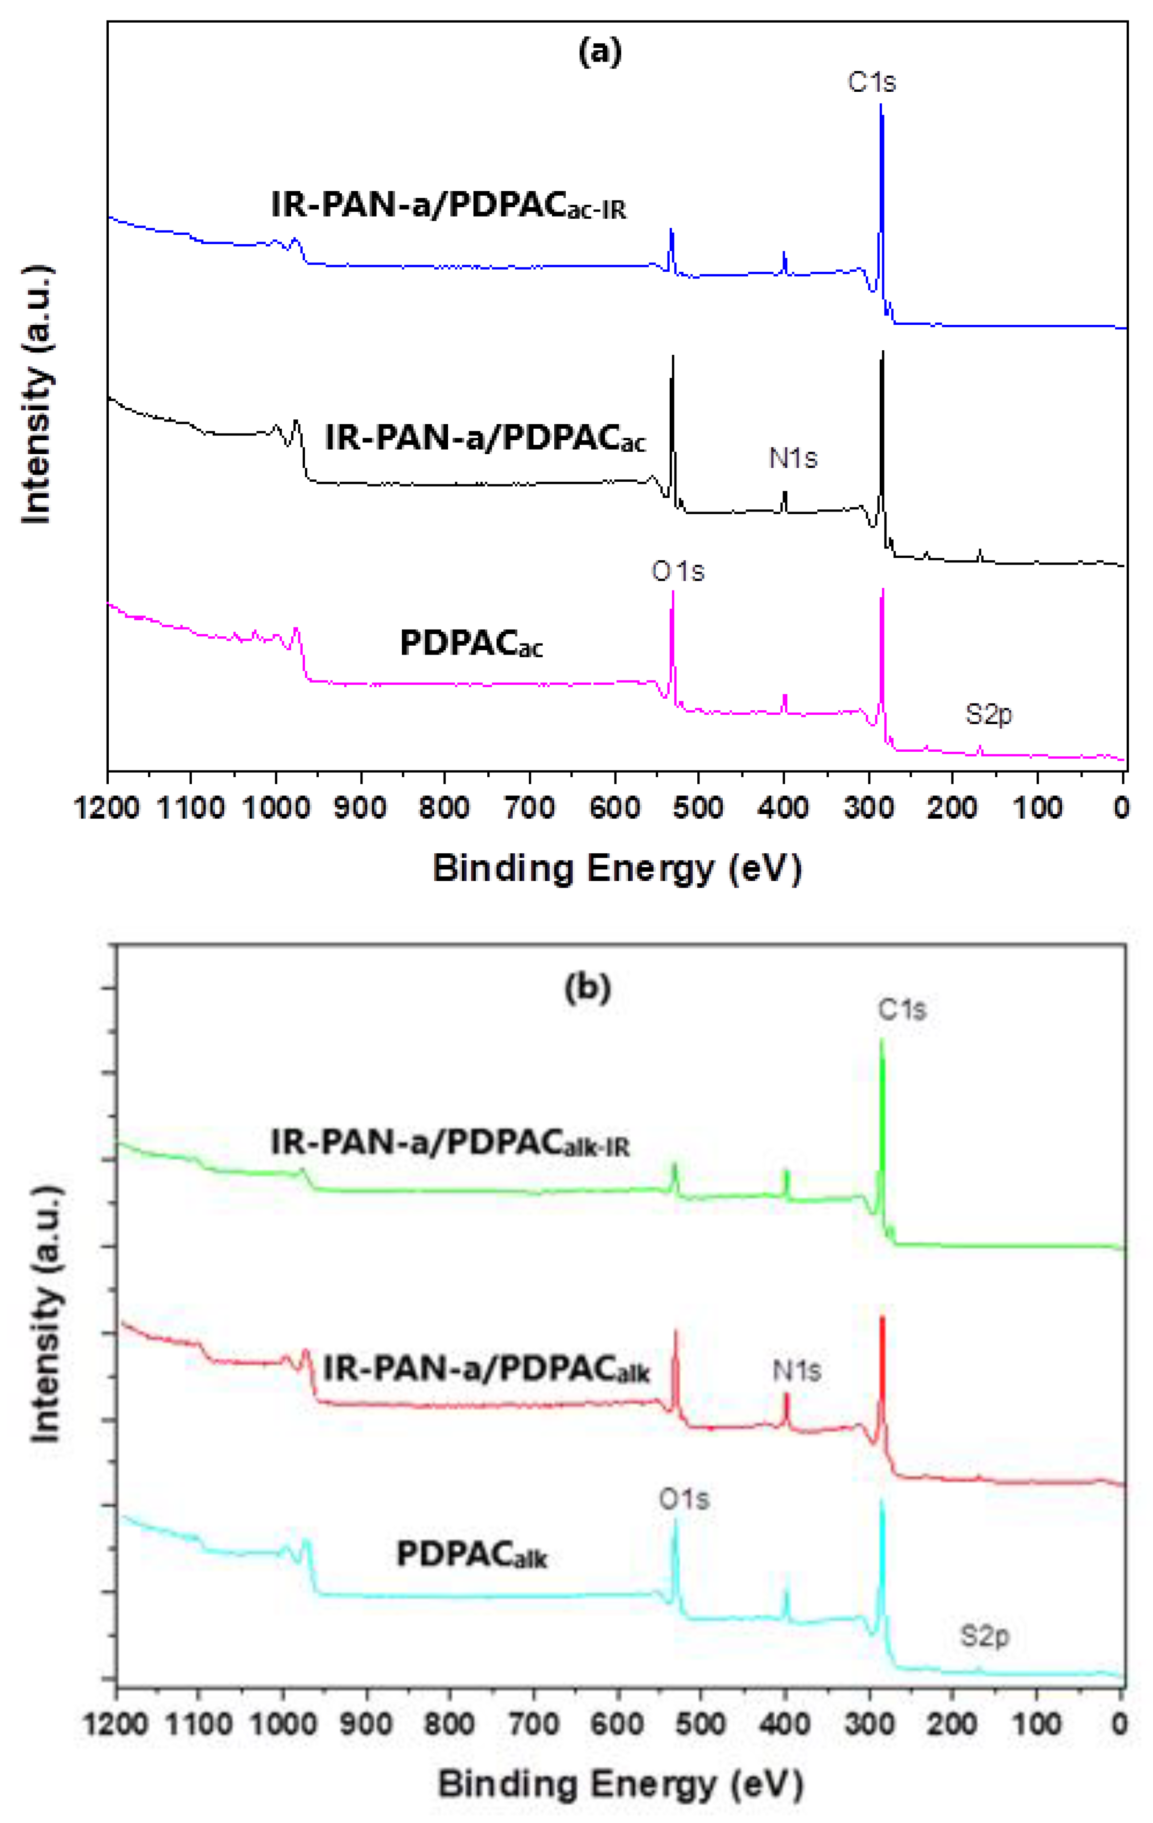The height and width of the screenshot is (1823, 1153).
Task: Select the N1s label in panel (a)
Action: (793, 458)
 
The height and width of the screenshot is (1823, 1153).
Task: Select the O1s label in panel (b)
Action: (684, 1499)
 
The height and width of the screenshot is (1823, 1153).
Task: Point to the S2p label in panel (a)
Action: (988, 714)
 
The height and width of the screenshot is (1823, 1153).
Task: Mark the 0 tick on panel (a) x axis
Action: (1122, 808)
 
